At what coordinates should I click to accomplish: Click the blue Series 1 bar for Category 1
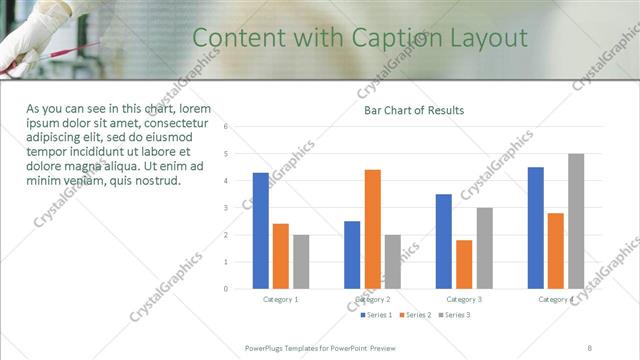[260, 231]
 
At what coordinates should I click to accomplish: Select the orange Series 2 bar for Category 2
[372, 229]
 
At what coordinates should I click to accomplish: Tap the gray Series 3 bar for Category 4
[576, 221]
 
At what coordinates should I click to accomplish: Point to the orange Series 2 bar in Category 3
[464, 264]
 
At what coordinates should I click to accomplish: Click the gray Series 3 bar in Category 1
[301, 262]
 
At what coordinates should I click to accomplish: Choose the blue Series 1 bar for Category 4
[536, 228]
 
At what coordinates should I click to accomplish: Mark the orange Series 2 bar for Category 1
[280, 256]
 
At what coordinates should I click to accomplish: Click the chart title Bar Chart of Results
[413, 110]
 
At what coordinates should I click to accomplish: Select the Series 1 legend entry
[376, 315]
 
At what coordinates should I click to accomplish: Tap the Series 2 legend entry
[414, 315]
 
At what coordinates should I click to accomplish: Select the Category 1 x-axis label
[281, 299]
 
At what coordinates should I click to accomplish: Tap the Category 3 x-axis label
[464, 299]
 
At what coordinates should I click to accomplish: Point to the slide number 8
[590, 347]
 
